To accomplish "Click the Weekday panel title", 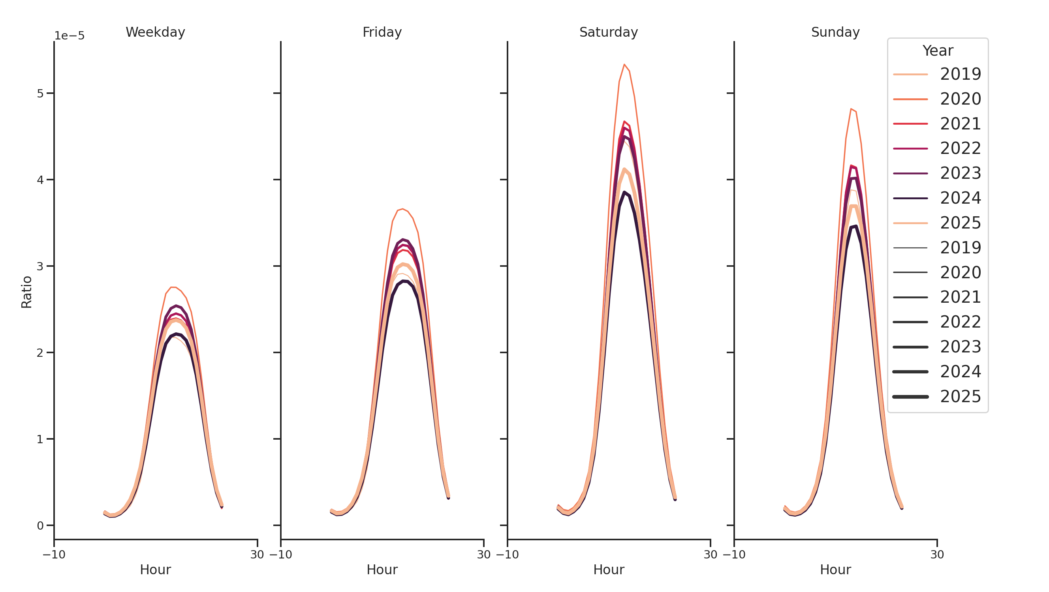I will pos(155,32).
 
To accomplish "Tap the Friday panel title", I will pos(382,32).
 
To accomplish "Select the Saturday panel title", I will pos(608,32).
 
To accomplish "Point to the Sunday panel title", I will pos(835,32).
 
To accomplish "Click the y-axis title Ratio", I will pos(26,292).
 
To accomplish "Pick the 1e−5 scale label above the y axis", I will pos(70,36).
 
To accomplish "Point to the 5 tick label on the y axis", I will pos(40,94).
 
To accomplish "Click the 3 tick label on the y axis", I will pos(40,266).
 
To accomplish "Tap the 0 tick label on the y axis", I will pos(40,526).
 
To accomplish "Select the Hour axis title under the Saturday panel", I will pos(608,570).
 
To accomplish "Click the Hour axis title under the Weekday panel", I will pos(155,570).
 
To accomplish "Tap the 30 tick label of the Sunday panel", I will pos(937,555).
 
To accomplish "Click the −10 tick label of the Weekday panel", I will pos(54,555).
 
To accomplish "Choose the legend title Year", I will pos(938,51).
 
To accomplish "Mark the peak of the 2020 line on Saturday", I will pos(624,64).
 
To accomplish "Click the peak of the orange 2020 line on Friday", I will pos(403,209).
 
